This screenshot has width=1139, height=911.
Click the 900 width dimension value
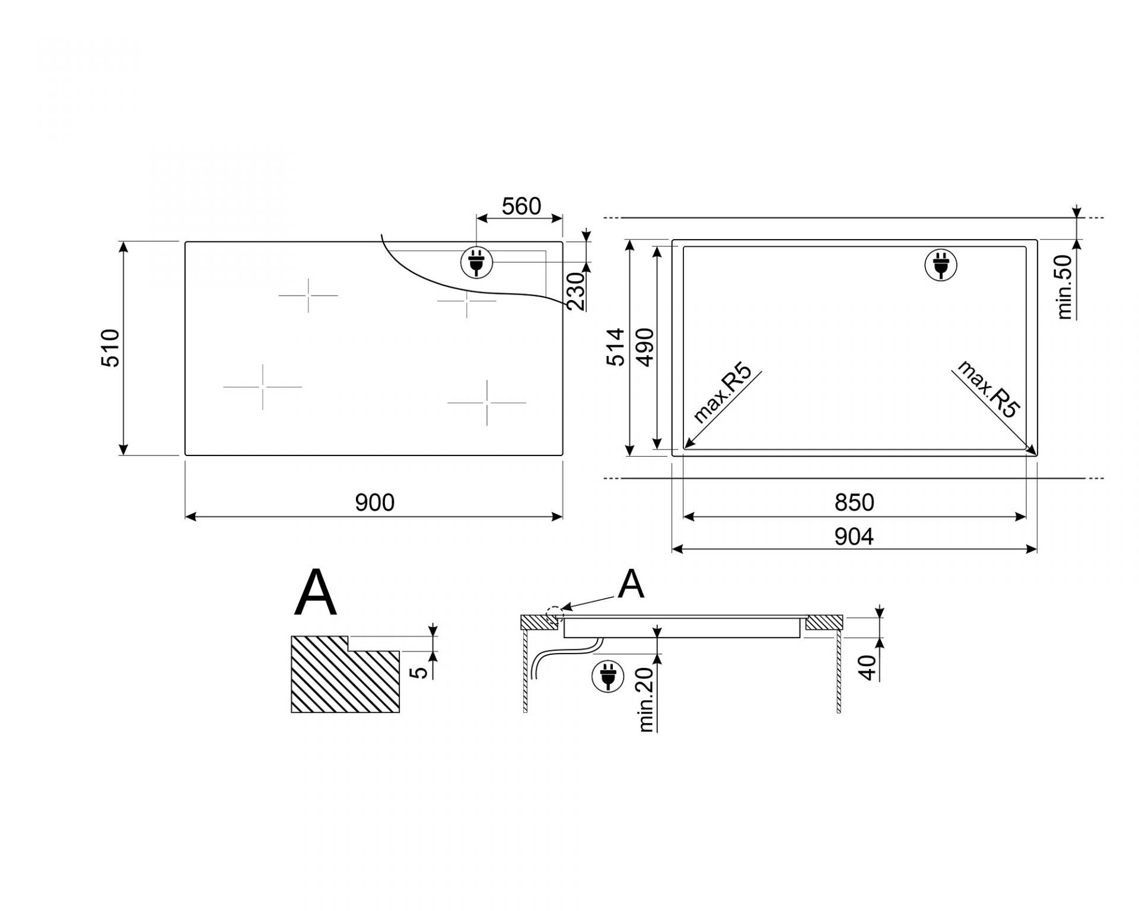[374, 503]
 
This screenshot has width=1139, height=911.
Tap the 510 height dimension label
[111, 348]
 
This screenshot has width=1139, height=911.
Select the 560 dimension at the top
[521, 206]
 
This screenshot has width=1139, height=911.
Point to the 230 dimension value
[575, 291]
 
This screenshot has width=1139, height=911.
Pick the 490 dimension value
[645, 347]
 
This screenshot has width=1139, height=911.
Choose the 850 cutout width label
[854, 503]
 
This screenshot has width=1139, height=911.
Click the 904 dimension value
[854, 537]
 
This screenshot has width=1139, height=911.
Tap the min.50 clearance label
[1065, 286]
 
